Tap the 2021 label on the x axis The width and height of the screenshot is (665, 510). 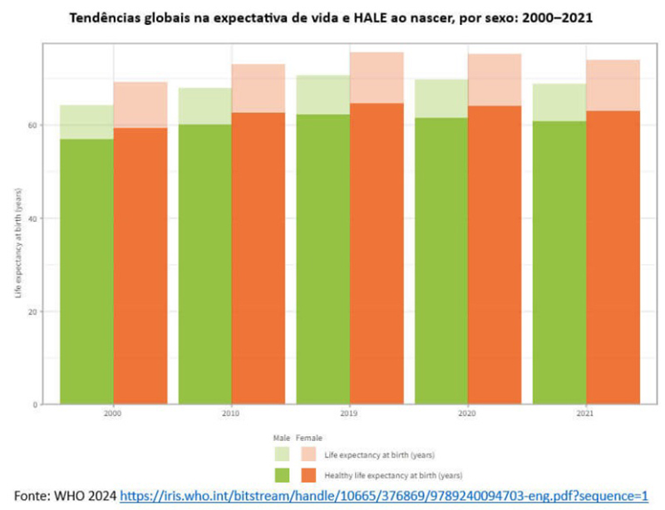[585, 413]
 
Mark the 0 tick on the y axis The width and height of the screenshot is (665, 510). [37, 405]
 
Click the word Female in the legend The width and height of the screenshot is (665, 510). [309, 437]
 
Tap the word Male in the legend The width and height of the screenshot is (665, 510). [281, 437]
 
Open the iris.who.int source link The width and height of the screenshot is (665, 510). [383, 496]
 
